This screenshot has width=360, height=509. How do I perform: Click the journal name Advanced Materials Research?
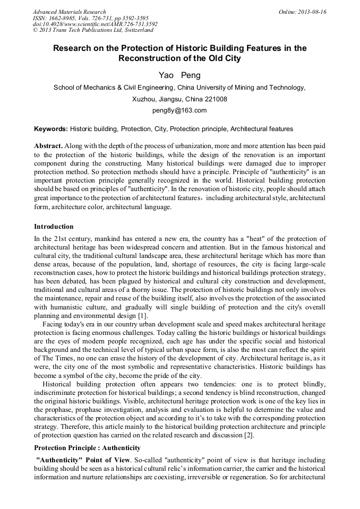[x=69, y=12]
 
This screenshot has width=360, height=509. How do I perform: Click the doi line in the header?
[x=95, y=24]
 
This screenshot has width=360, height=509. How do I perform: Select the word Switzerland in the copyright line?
[x=135, y=31]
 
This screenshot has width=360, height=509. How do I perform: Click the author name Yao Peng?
[x=179, y=75]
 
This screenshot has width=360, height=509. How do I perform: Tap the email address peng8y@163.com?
[x=179, y=110]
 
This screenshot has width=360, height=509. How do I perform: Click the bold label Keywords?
[x=51, y=129]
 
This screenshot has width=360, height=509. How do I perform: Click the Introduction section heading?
[x=54, y=227]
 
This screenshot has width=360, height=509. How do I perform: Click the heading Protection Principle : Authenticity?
[x=87, y=448]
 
